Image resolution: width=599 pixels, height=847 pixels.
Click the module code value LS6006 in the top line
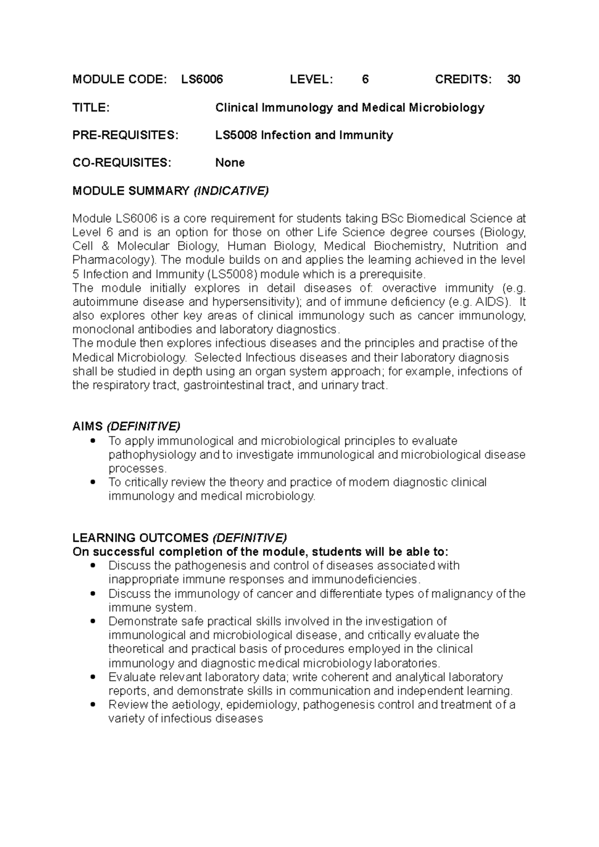click(x=202, y=79)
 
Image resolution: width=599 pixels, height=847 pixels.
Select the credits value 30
click(x=514, y=79)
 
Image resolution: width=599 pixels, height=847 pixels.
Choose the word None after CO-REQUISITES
click(x=230, y=163)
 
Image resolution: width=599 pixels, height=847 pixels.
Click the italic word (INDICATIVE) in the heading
click(x=231, y=191)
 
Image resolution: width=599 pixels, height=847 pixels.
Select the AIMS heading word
click(x=87, y=426)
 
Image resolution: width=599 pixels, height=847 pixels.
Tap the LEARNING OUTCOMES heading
click(x=140, y=538)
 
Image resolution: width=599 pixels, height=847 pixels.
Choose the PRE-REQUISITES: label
click(x=125, y=135)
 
